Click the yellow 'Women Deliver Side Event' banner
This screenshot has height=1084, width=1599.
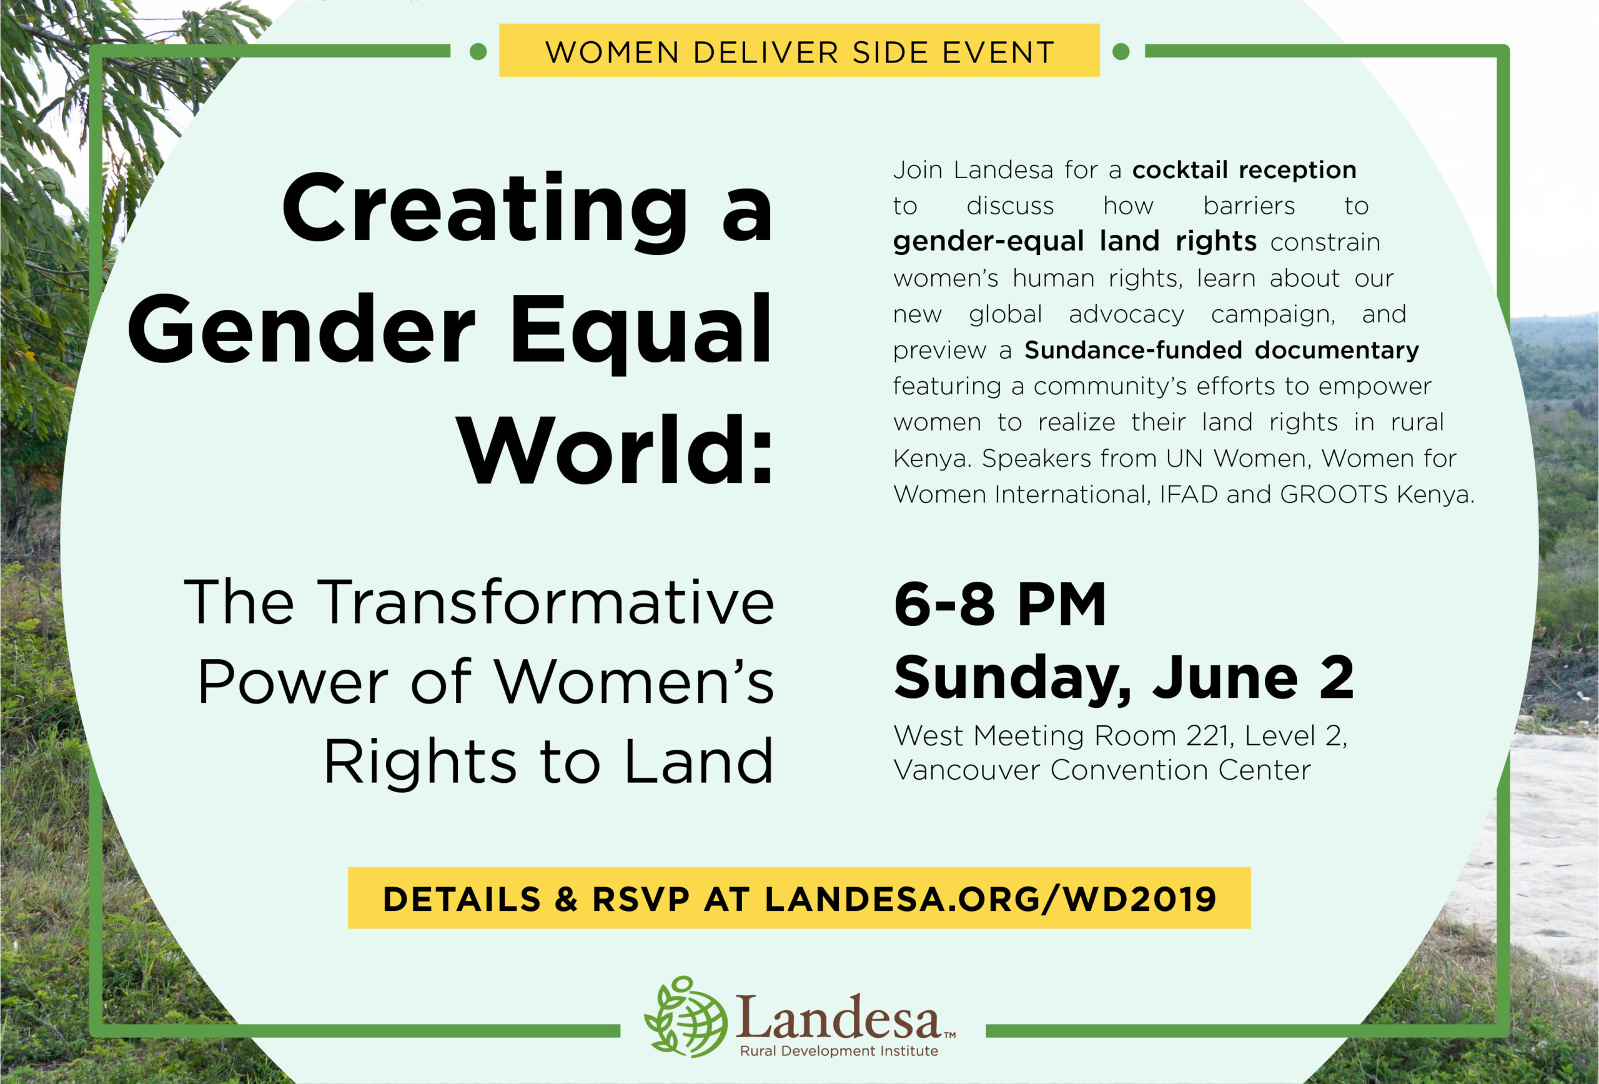pos(799,50)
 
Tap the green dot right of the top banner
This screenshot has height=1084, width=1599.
pos(1121,52)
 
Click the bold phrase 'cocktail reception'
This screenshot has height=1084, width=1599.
pos(1244,169)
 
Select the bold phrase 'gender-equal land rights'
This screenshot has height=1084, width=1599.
pos(1075,242)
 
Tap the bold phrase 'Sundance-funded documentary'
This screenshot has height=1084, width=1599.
pos(1221,350)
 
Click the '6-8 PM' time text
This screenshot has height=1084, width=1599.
pos(1000,604)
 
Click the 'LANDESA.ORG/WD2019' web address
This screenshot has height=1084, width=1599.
pos(991,899)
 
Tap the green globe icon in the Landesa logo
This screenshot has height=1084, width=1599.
pos(686,1016)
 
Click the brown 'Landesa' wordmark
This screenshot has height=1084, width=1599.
pos(839,1017)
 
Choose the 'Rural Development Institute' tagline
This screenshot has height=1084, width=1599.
pos(839,1051)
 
